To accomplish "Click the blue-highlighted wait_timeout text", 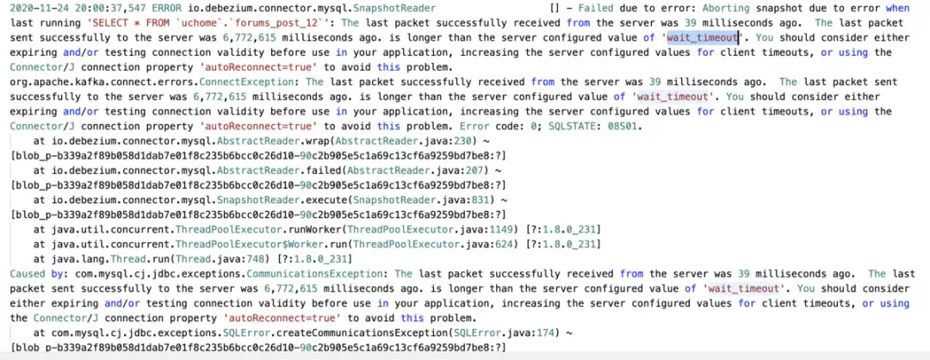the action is click(702, 38).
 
